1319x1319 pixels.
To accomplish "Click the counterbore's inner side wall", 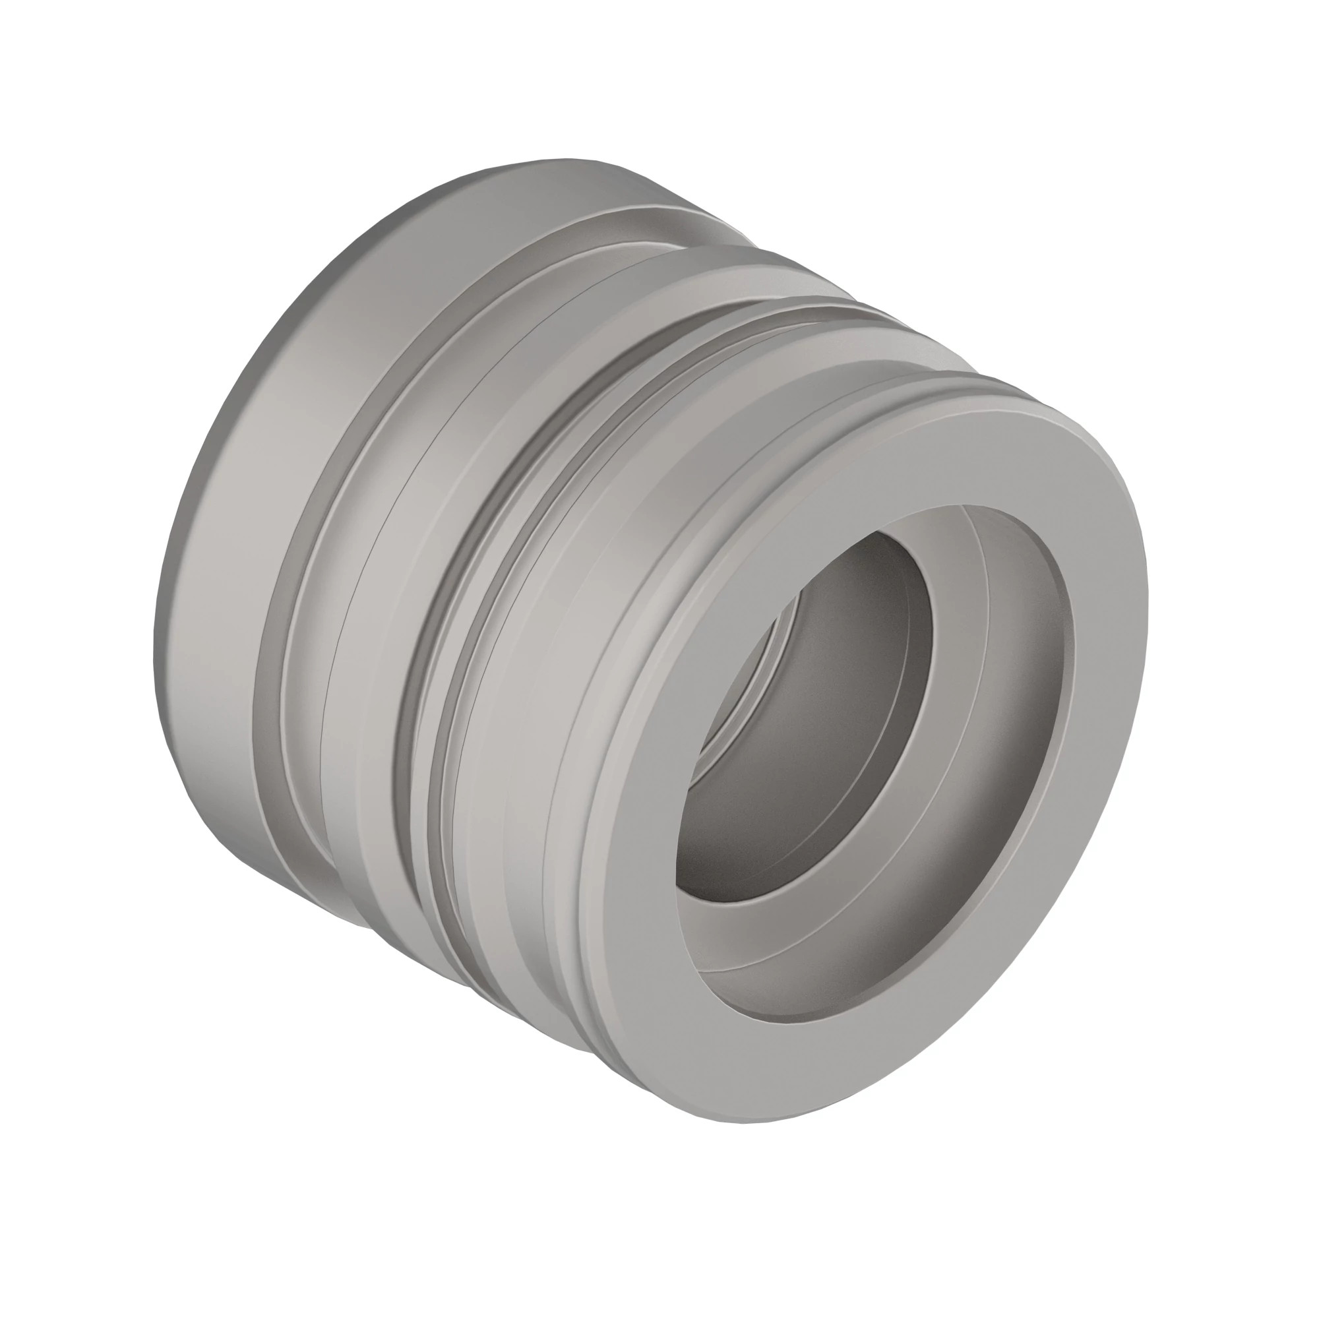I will pos(1024,656).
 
